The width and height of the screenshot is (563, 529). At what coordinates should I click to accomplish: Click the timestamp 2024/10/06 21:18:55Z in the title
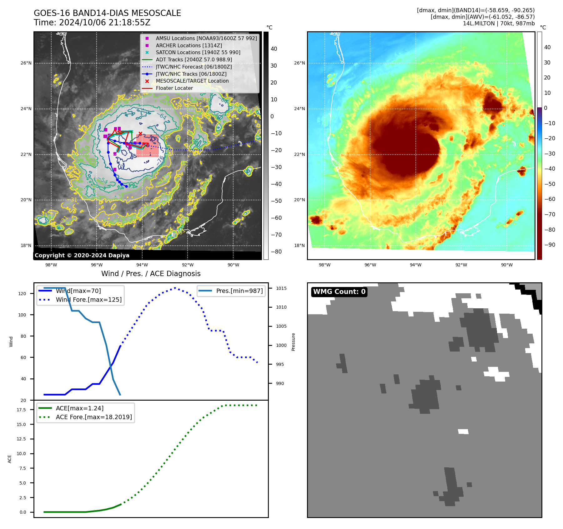105,23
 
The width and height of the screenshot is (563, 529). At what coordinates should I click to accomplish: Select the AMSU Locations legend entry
206,38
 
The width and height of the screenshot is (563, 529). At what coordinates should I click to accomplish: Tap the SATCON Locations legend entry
198,52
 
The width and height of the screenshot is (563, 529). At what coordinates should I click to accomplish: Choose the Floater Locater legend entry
174,88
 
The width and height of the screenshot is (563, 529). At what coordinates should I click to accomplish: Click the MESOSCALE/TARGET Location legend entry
192,81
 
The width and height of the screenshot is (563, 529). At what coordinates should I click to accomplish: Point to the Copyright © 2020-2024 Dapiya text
82,255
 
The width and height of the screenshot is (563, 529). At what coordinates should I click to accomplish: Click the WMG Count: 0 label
339,292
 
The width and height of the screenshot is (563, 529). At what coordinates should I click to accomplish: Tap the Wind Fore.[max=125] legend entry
88,300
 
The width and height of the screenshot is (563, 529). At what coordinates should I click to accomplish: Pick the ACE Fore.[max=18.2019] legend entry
93,417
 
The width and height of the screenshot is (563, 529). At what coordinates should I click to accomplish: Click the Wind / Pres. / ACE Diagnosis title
151,274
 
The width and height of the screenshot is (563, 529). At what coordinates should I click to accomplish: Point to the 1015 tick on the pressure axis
281,288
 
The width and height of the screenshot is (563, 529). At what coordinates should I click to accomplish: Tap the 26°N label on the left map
26,63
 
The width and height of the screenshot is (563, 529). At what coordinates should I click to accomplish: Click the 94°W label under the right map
415,265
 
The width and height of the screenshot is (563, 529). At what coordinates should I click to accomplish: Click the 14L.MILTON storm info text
499,23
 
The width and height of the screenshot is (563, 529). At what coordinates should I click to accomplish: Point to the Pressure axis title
294,342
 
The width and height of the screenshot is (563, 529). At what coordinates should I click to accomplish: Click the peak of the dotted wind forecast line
175,288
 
